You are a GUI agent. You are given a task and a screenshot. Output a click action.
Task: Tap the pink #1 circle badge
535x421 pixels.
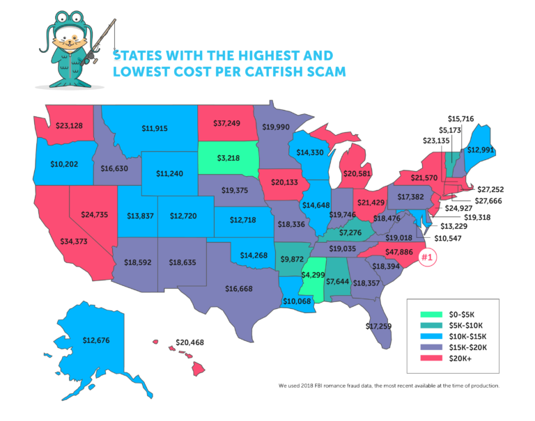click(428, 257)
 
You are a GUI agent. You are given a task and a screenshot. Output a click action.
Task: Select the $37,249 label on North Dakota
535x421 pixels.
click(226, 123)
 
